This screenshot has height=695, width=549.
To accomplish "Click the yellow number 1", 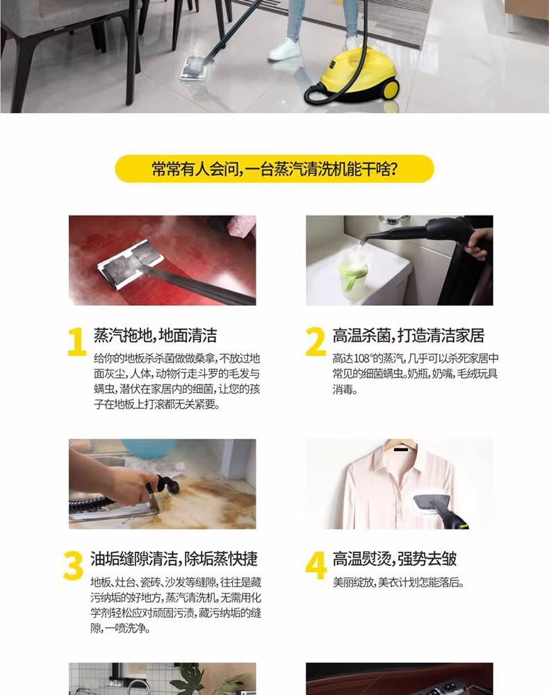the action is (77, 342).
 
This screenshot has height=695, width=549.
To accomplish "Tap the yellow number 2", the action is (316, 342).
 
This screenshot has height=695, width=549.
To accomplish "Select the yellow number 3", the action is (73, 566).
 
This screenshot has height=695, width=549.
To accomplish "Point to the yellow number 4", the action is (316, 566).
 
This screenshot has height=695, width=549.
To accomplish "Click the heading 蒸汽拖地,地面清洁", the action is (155, 336).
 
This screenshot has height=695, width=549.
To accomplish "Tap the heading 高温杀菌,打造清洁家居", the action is (408, 336).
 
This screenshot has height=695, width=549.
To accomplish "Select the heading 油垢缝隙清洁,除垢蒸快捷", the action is (174, 559).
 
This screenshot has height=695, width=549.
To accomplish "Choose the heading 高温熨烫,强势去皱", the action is (394, 559).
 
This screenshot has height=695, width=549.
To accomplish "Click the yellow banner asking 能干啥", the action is (274, 169).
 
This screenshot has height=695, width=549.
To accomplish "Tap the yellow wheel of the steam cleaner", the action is (391, 89).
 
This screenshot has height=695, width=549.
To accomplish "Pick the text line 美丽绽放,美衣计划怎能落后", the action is (398, 582).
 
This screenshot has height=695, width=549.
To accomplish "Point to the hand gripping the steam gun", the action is (480, 243).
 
